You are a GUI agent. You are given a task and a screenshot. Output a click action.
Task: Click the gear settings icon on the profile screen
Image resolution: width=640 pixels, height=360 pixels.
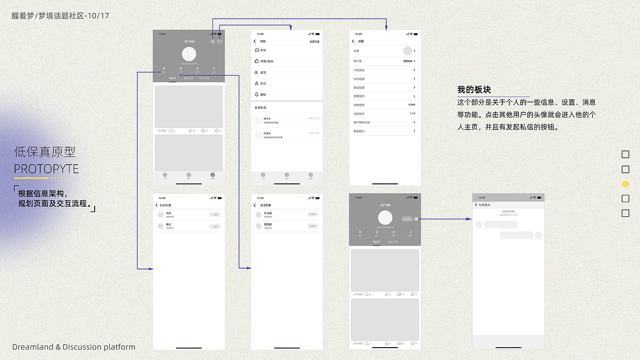213,42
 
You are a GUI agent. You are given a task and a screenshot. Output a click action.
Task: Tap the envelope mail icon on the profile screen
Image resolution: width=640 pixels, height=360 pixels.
219,42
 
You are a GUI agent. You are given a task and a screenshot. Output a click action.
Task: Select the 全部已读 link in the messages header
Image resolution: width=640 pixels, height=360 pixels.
314,42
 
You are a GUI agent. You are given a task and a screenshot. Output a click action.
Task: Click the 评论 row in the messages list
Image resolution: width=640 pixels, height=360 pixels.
263,50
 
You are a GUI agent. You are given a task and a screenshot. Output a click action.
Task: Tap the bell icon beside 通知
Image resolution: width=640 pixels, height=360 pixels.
256,94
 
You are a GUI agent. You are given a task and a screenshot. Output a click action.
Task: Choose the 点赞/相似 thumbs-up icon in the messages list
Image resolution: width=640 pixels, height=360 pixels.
256,61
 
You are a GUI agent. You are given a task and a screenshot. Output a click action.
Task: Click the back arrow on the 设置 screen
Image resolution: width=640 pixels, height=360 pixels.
353,42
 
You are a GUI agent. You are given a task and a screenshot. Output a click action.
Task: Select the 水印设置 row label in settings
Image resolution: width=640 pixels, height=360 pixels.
359,79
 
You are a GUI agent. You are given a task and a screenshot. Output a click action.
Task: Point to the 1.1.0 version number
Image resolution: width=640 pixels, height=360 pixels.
412,113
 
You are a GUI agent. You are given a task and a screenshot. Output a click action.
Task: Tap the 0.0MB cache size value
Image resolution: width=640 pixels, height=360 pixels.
411,105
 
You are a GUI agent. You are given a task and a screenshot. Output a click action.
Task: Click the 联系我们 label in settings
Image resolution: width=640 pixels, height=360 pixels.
359,131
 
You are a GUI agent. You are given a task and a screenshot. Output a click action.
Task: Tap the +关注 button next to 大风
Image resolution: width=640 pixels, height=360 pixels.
215,214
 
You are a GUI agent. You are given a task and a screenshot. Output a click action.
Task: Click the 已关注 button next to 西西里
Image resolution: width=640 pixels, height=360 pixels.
313,226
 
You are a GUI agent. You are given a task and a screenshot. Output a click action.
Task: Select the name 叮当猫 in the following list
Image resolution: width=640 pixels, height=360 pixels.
268,213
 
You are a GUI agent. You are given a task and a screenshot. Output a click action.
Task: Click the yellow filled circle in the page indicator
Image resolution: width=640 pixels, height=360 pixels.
625,184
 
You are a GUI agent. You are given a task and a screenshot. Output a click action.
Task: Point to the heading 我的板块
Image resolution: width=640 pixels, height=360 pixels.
474,90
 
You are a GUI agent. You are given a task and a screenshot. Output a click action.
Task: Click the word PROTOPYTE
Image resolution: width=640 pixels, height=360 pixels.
46,169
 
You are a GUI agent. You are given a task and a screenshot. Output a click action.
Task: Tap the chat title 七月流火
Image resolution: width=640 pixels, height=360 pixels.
485,205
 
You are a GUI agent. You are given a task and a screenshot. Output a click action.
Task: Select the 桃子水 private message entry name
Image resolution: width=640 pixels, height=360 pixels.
267,118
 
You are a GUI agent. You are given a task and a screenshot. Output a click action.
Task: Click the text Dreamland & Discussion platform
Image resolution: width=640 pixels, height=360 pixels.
74,347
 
